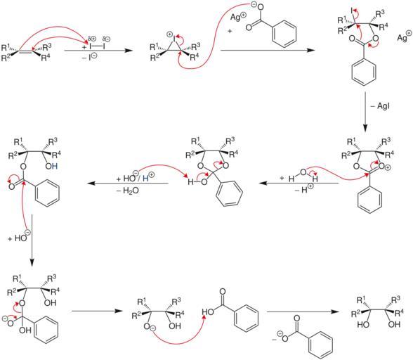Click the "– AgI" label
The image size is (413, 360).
381,106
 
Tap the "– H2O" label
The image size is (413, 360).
129,191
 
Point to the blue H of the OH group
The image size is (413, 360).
54,166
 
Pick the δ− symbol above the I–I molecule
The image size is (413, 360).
107,39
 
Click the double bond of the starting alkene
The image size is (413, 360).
25,51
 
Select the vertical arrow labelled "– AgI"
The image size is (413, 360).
365,112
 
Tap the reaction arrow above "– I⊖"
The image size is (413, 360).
98,51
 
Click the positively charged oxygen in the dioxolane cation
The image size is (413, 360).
381,166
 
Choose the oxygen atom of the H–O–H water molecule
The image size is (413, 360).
303,172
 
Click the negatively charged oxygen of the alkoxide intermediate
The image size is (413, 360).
147,326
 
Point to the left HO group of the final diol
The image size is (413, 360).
362,324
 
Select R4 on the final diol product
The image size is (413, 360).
400,313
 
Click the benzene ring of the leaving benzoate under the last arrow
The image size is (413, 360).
320,345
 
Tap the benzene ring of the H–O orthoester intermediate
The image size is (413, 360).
229,193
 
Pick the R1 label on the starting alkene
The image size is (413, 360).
6,48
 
